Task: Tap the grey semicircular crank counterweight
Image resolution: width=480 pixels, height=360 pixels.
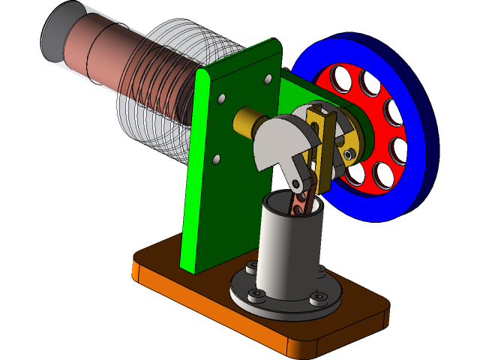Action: pos(274,142)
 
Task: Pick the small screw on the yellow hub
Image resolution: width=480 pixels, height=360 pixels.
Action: pos(349,154)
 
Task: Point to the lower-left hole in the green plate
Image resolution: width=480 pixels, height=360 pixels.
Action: pos(216,159)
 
